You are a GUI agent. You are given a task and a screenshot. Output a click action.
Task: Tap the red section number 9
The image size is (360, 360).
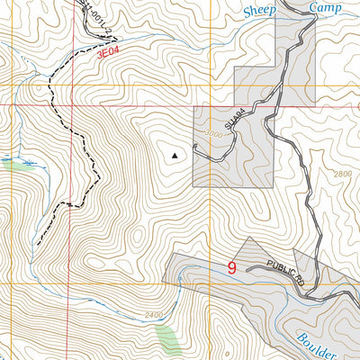232,267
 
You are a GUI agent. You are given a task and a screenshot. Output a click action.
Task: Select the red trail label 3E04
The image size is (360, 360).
110,54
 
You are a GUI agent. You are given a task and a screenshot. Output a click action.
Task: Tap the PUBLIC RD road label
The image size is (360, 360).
285,272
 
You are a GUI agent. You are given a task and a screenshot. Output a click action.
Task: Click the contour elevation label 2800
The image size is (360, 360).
343,173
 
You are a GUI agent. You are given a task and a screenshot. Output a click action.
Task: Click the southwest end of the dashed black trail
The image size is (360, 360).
38,243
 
